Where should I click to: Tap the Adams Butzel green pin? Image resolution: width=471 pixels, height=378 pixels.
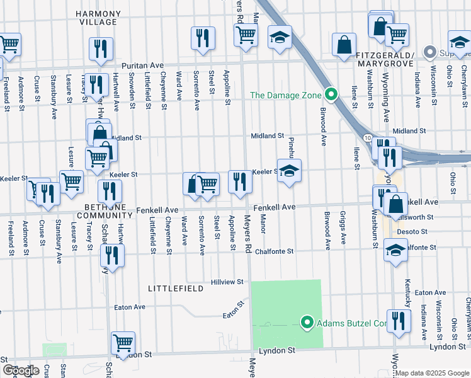coord(307,323)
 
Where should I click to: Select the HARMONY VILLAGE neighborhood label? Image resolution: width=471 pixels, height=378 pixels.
coord(98,17)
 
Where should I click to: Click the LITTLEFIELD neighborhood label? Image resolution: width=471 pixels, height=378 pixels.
coord(175,288)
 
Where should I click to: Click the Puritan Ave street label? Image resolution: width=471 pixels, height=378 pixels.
coord(142,65)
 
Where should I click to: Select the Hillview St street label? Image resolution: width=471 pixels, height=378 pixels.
coord(227,283)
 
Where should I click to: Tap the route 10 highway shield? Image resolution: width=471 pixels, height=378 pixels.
coord(366,137)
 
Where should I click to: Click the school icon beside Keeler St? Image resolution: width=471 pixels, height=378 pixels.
coord(288,171)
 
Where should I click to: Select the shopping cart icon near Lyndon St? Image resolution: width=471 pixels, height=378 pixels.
coord(123,343)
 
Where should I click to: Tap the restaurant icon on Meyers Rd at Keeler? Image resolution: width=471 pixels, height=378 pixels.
coord(240,182)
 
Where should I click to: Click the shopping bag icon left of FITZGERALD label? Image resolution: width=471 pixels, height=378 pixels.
coord(344,45)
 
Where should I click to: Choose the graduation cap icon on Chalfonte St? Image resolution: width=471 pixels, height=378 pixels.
coord(395,251)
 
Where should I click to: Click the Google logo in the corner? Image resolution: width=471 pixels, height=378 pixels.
coord(21,370)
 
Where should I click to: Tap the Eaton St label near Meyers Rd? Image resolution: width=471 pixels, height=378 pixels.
coord(232,313)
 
